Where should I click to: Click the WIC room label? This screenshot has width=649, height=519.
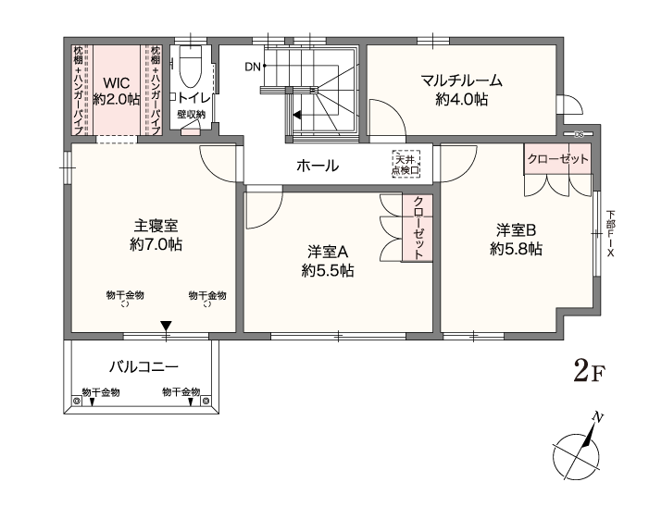[x=117, y=82]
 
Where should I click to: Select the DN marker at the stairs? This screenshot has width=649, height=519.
[x=254, y=67]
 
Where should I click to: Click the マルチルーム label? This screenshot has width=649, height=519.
[x=461, y=80]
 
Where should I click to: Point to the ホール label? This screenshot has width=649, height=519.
[x=318, y=166]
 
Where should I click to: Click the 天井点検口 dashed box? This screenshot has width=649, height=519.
[x=406, y=164]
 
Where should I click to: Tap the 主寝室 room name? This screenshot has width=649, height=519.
[x=156, y=226]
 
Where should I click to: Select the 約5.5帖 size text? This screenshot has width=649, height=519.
[x=328, y=271]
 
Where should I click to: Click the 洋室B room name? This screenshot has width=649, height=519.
[x=516, y=229]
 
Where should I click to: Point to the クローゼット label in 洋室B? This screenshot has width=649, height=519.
[x=557, y=159]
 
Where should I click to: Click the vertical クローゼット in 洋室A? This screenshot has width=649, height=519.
[x=418, y=228]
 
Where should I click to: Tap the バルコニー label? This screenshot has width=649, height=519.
[x=144, y=366]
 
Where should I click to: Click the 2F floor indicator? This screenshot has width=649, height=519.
[x=589, y=371]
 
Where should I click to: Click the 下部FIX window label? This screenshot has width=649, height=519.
[x=610, y=234]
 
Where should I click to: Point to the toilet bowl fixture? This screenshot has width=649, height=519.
[x=191, y=67]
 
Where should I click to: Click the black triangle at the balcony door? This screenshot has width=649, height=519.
[x=166, y=326]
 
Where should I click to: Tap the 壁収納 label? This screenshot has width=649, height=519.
[x=192, y=114]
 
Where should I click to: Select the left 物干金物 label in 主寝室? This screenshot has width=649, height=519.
[x=125, y=295]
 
